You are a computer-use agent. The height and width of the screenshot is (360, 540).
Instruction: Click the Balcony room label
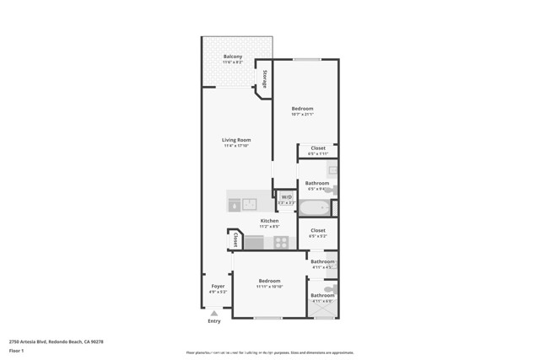(232, 56)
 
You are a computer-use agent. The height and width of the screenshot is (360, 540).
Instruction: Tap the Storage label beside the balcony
(264, 78)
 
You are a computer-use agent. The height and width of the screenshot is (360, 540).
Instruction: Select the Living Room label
(236, 140)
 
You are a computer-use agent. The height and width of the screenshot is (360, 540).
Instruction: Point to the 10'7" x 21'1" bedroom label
(302, 109)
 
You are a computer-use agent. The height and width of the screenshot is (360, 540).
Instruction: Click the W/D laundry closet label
(286, 197)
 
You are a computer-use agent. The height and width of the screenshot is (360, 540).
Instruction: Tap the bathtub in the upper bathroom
(314, 207)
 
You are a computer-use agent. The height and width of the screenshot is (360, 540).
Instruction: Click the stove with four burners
(281, 242)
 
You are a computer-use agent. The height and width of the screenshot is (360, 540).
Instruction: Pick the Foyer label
(217, 287)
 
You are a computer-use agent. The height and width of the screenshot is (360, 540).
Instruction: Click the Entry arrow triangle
(213, 313)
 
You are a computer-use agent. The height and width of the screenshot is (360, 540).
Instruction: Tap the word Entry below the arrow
(213, 321)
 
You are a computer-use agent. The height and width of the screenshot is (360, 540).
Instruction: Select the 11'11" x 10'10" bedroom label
(269, 281)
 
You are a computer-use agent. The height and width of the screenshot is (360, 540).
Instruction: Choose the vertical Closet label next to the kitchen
(235, 240)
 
